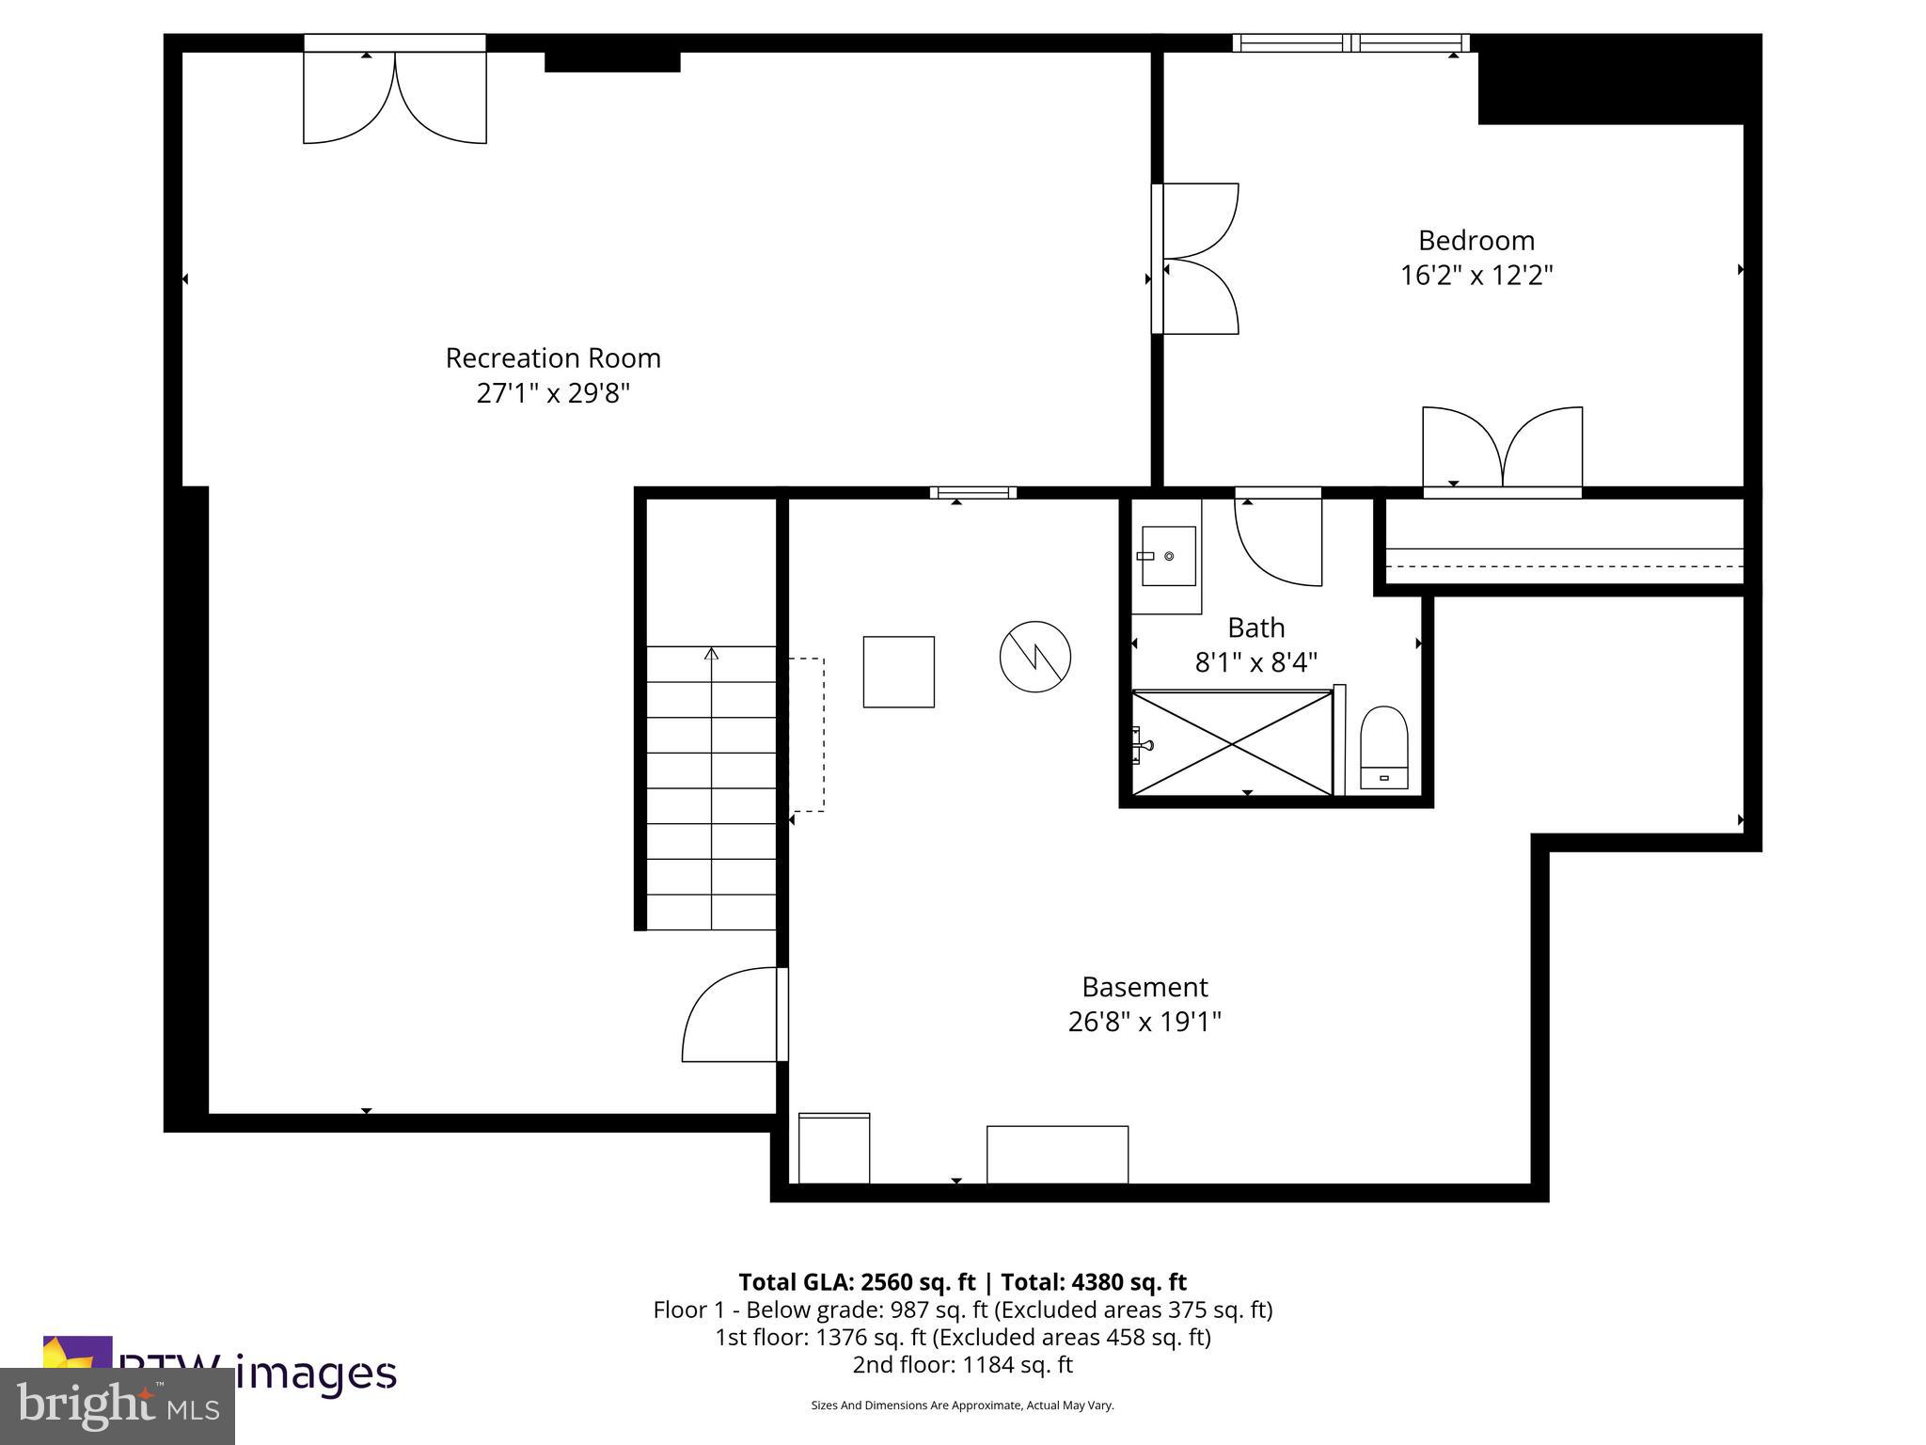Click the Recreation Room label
(553, 358)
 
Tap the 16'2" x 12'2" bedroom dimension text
(1476, 276)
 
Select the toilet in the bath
(1383, 749)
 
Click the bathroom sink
(1168, 556)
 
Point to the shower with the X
(1232, 743)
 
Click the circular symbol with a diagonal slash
(1034, 657)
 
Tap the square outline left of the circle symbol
(898, 672)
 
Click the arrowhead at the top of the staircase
(711, 653)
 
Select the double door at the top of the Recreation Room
(394, 94)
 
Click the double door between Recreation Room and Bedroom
(1196, 259)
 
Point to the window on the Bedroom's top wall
(1350, 42)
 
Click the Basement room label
(1145, 987)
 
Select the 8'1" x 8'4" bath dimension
(1255, 663)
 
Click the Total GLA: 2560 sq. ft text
(857, 1282)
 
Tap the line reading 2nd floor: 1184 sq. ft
(962, 1365)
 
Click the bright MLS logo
(118, 1405)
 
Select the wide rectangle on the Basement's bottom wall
(1057, 1154)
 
